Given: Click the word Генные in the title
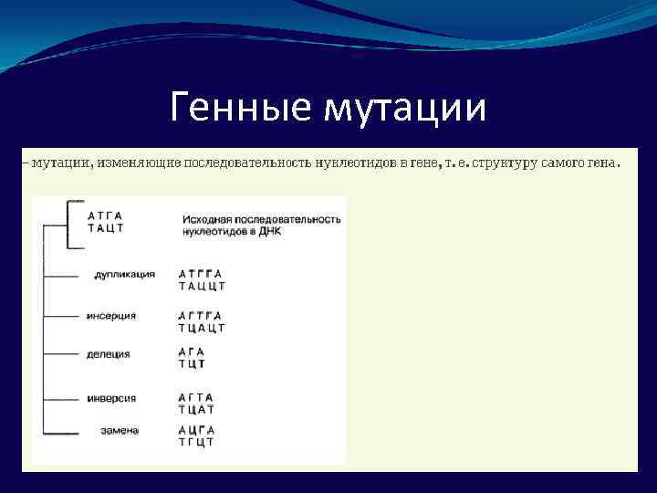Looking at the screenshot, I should click(x=239, y=109).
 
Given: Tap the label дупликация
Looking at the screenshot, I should click(x=124, y=274).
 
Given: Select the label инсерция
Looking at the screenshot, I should click(x=111, y=315).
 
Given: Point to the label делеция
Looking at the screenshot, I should click(x=109, y=354).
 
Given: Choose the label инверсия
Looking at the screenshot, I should click(x=111, y=398).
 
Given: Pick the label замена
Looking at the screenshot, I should click(x=120, y=430).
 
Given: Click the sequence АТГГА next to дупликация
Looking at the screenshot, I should click(x=200, y=274).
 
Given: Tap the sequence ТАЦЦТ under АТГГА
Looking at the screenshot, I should click(x=202, y=286).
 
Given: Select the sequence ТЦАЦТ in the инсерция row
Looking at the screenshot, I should click(x=202, y=328).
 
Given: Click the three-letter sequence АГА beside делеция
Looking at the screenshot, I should click(x=192, y=351).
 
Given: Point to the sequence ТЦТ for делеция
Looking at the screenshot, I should click(x=192, y=363).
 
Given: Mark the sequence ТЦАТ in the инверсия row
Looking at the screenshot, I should click(x=196, y=410).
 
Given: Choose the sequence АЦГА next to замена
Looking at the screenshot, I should click(x=196, y=430).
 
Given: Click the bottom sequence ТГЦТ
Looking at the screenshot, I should click(x=196, y=442).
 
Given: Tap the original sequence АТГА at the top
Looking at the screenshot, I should click(x=105, y=215).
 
